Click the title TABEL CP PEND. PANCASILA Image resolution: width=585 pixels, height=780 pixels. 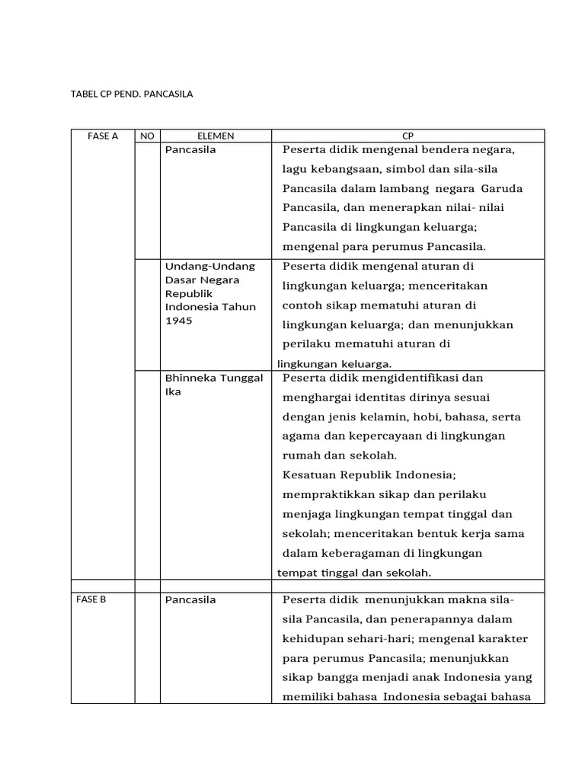[x=132, y=94]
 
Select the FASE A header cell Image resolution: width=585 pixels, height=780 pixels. [x=103, y=136]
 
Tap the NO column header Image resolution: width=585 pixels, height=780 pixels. [x=147, y=136]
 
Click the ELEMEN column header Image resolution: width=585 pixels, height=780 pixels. [x=216, y=136]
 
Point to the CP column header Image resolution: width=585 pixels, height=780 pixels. [x=408, y=136]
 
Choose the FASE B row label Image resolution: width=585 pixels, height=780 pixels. [x=91, y=599]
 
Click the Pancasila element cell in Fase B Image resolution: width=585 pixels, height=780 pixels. [x=190, y=600]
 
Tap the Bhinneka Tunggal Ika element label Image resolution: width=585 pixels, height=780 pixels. [x=214, y=385]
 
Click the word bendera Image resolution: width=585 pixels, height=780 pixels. [x=437, y=149]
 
